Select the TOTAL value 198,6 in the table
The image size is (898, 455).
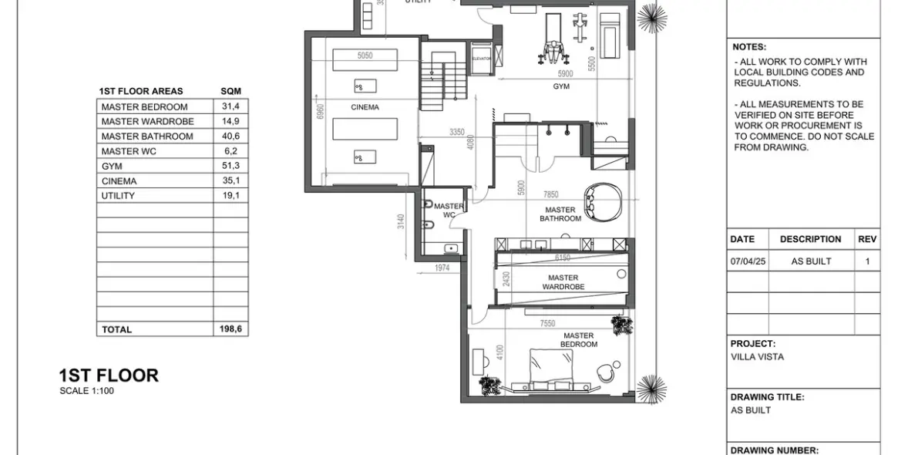230,329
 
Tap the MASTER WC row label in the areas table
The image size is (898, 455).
129,151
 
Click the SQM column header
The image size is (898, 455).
230,91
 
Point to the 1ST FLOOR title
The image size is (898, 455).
109,376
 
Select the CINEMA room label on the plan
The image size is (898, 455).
365,107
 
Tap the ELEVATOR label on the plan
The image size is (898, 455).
482,59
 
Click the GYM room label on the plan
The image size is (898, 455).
561,87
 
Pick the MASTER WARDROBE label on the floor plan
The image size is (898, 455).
563,282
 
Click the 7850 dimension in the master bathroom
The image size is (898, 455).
550,195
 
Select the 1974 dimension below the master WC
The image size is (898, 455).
442,268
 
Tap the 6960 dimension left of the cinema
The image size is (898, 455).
320,112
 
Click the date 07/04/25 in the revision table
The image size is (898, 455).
748,261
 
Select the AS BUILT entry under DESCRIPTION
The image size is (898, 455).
811,261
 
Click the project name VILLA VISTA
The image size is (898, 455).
757,357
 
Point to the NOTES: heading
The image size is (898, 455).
749,47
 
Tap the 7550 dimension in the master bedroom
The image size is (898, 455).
547,324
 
